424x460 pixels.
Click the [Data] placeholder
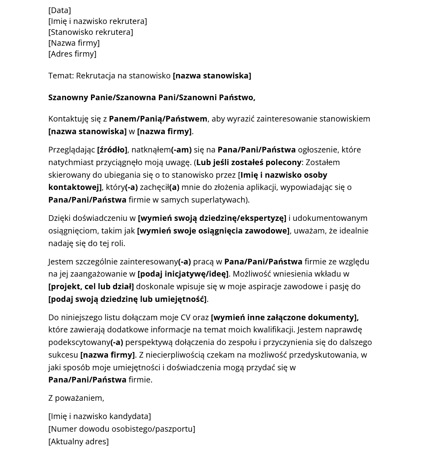[x=60, y=10]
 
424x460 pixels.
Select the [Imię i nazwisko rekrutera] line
[x=98, y=21]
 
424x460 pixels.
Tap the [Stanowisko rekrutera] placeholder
[x=91, y=32]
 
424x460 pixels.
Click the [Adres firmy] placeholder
[x=72, y=54]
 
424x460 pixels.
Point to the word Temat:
[x=61, y=75]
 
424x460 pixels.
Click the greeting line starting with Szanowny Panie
[x=151, y=97]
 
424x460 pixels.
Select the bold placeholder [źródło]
[x=112, y=149]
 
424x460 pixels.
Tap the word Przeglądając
[x=71, y=149]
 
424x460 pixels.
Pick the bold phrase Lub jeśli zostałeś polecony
[x=249, y=162]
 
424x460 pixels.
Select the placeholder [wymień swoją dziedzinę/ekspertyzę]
[x=212, y=218]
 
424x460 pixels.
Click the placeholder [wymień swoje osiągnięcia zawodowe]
[x=213, y=230]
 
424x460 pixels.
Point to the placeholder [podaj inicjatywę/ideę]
[x=183, y=274]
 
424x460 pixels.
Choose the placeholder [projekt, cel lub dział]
[x=91, y=286]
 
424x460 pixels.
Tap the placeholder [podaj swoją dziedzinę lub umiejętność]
[x=128, y=299]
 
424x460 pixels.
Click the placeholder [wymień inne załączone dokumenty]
[x=284, y=317]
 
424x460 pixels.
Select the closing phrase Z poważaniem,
[x=76, y=398]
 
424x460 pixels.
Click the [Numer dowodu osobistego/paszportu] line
[x=121, y=429]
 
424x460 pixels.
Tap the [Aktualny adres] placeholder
[x=78, y=441]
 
